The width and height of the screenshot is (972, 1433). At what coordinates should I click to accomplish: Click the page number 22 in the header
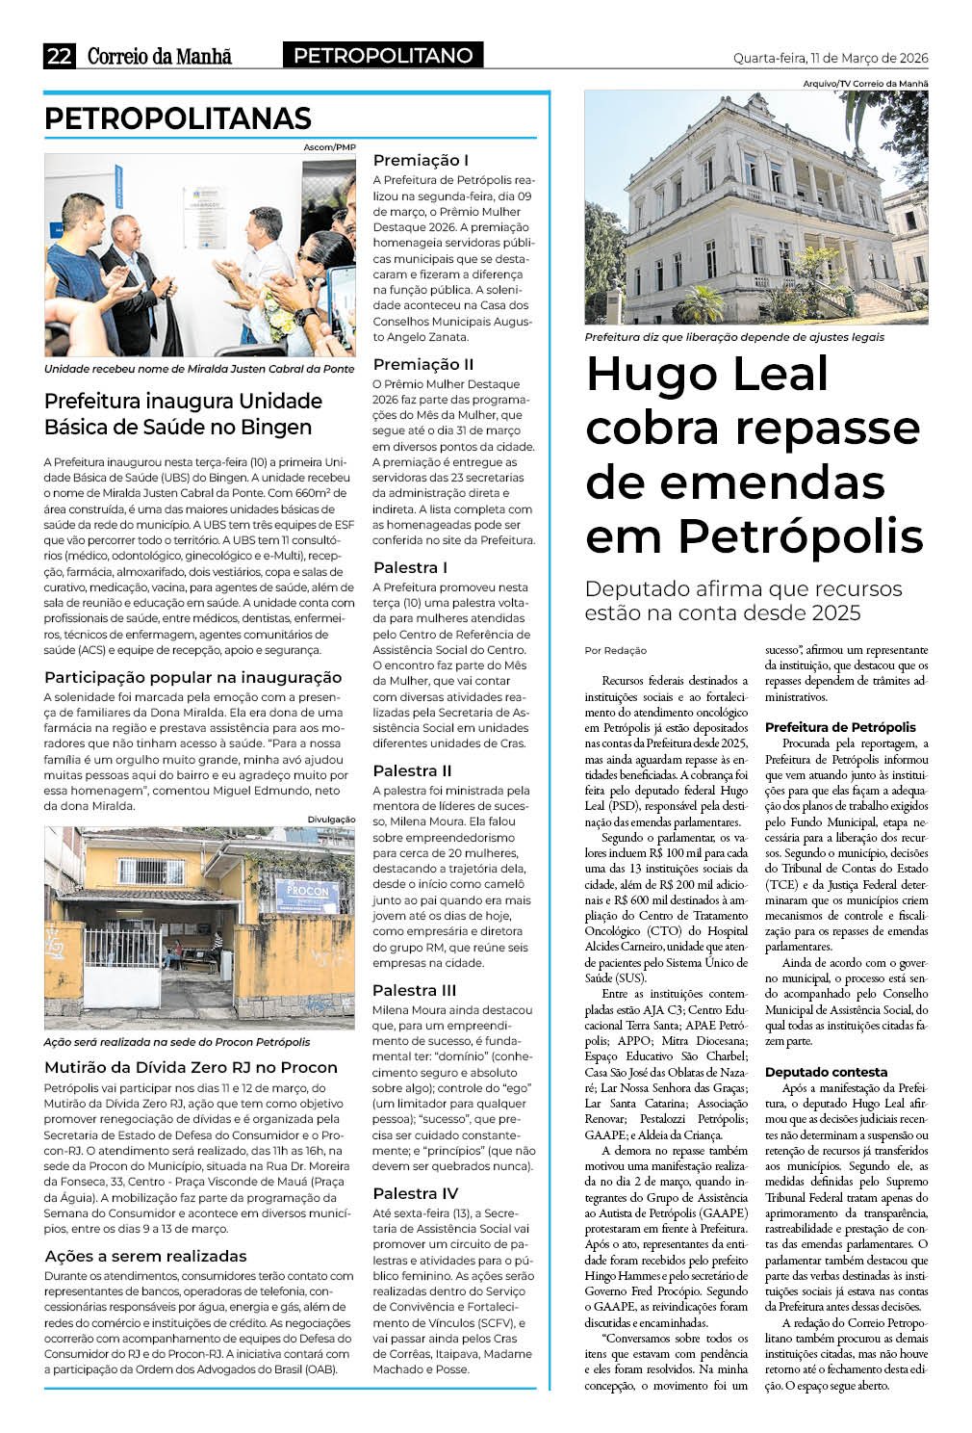59,56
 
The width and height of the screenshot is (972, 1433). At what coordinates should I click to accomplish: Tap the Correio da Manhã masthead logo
160,56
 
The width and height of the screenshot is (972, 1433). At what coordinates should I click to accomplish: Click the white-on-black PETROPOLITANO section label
383,56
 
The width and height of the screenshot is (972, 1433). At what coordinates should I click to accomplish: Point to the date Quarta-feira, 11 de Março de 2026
831,58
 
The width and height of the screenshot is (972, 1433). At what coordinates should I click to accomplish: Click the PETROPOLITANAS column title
178,118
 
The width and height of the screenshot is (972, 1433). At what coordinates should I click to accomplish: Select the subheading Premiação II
423,364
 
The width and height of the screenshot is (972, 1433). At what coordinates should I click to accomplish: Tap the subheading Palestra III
415,990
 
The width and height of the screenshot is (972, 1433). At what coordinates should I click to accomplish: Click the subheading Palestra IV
416,1193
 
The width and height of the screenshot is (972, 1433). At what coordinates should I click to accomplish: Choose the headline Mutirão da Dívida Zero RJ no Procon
191,1067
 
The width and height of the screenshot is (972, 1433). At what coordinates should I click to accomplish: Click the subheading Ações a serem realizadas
145,1256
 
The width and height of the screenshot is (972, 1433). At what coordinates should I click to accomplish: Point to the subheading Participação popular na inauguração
192,677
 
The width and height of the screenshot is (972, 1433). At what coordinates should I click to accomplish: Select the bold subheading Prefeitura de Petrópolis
840,727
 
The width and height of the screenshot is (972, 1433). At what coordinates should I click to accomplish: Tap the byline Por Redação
616,650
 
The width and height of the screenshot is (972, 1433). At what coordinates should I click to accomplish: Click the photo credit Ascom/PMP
329,147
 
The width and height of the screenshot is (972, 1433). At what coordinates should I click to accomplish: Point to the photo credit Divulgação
331,820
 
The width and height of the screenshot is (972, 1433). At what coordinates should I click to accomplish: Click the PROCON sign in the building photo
307,891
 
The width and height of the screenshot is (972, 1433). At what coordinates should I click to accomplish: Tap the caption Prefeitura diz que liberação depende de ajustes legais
734,337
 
